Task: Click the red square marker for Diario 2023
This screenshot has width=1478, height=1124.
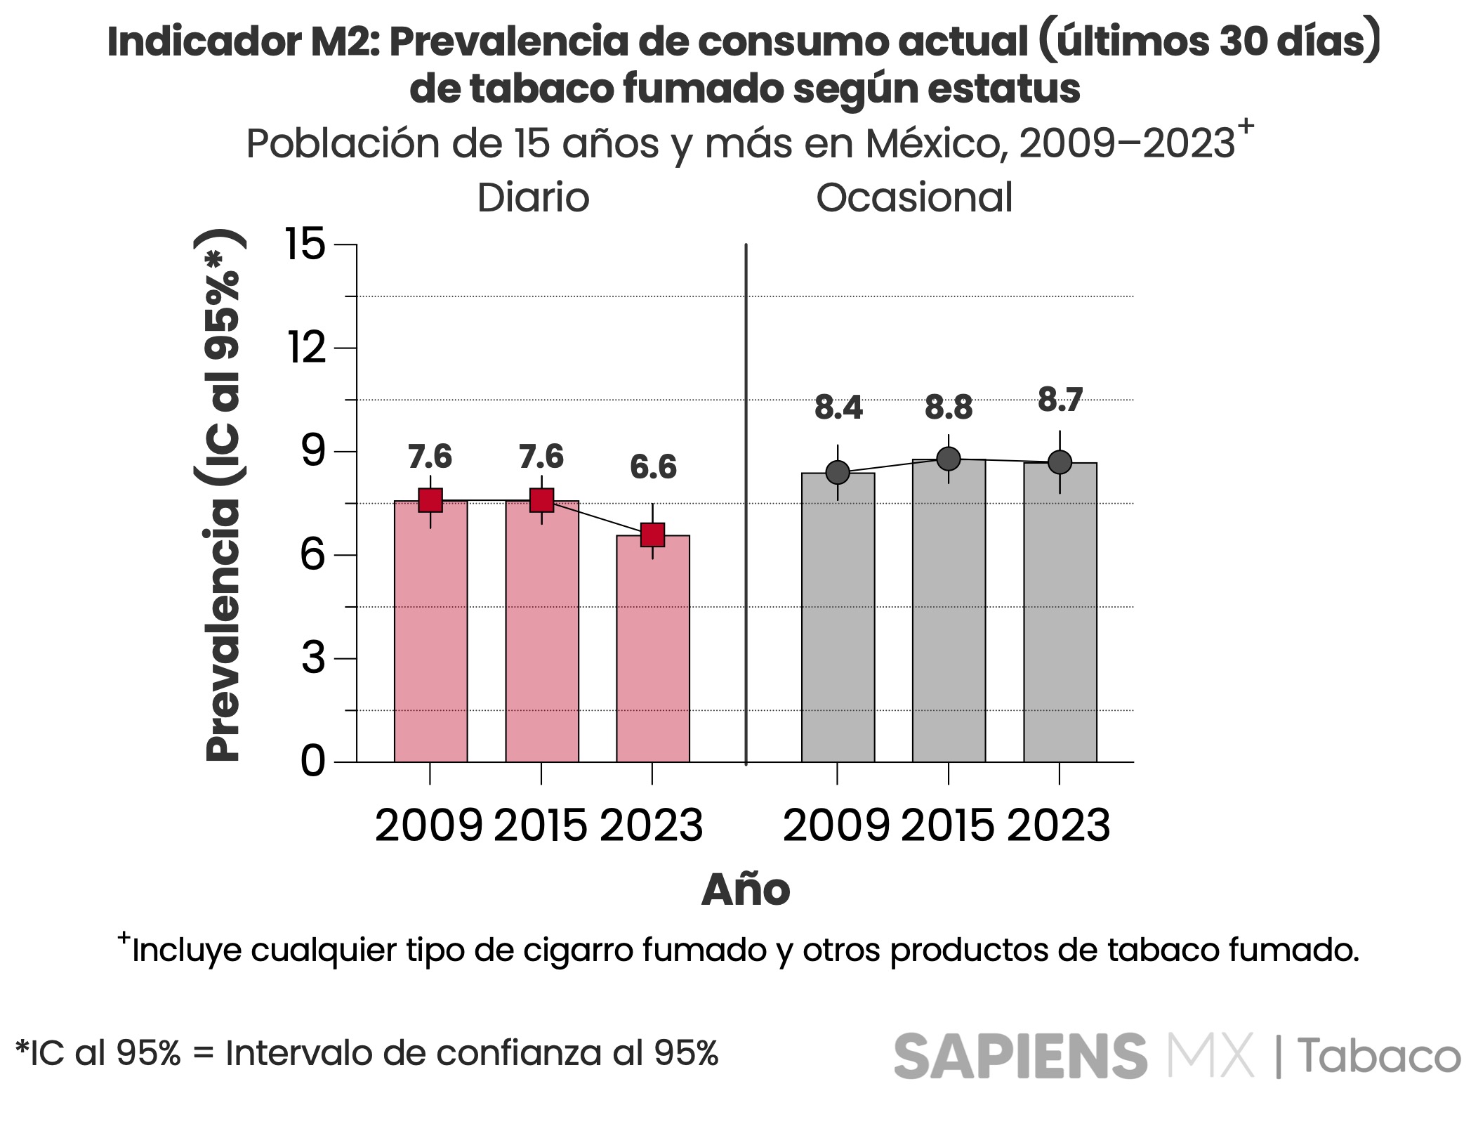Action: click(653, 535)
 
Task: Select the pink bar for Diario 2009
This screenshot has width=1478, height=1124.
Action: click(430, 632)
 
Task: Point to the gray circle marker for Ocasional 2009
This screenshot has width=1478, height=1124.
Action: click(838, 473)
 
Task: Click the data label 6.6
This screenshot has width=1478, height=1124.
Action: click(653, 468)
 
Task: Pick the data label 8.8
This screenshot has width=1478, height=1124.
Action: click(949, 408)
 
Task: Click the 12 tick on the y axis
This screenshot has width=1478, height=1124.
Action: click(307, 348)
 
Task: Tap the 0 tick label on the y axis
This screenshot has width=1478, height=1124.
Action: click(313, 762)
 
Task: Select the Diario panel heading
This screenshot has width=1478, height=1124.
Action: click(533, 198)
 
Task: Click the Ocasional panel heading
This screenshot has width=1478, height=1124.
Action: click(914, 198)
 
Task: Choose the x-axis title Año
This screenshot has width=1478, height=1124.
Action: click(745, 891)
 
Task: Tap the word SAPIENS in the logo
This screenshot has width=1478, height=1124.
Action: click(1020, 1056)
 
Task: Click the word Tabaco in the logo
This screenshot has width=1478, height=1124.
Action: click(1378, 1056)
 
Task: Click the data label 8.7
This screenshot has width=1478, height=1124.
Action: click(1060, 400)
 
